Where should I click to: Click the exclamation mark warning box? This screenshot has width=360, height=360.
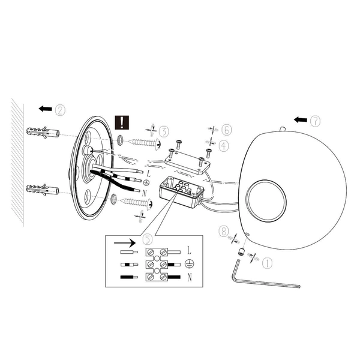pos(122,123)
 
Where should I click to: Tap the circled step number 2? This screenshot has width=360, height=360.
pos(60,110)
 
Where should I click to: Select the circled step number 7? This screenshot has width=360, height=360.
pos(316,120)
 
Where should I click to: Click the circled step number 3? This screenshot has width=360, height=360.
pos(164,131)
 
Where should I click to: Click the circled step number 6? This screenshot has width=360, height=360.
pos(226,130)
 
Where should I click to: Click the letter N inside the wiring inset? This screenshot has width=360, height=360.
pos(189,277)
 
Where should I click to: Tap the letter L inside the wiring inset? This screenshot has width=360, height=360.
pos(189,248)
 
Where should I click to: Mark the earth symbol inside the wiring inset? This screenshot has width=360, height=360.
pos(189,263)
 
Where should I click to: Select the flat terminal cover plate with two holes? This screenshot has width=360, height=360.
pos(187,160)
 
